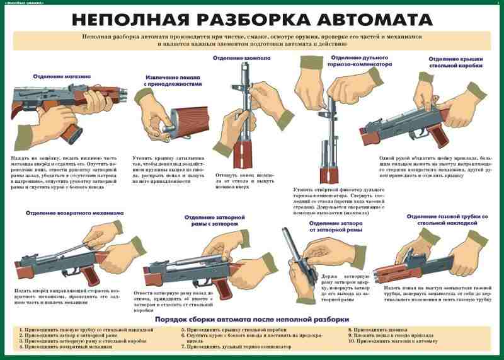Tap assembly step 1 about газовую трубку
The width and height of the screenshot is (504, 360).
pyautogui.click(x=86, y=330)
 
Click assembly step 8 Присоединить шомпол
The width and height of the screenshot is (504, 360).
pyautogui.click(x=377, y=330)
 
